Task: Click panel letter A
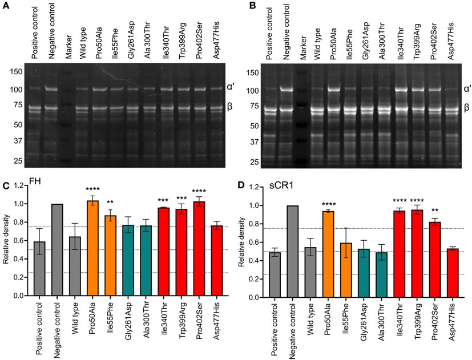pos(5,5)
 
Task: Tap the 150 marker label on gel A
pos(15,72)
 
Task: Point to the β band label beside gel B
pos(466,107)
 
